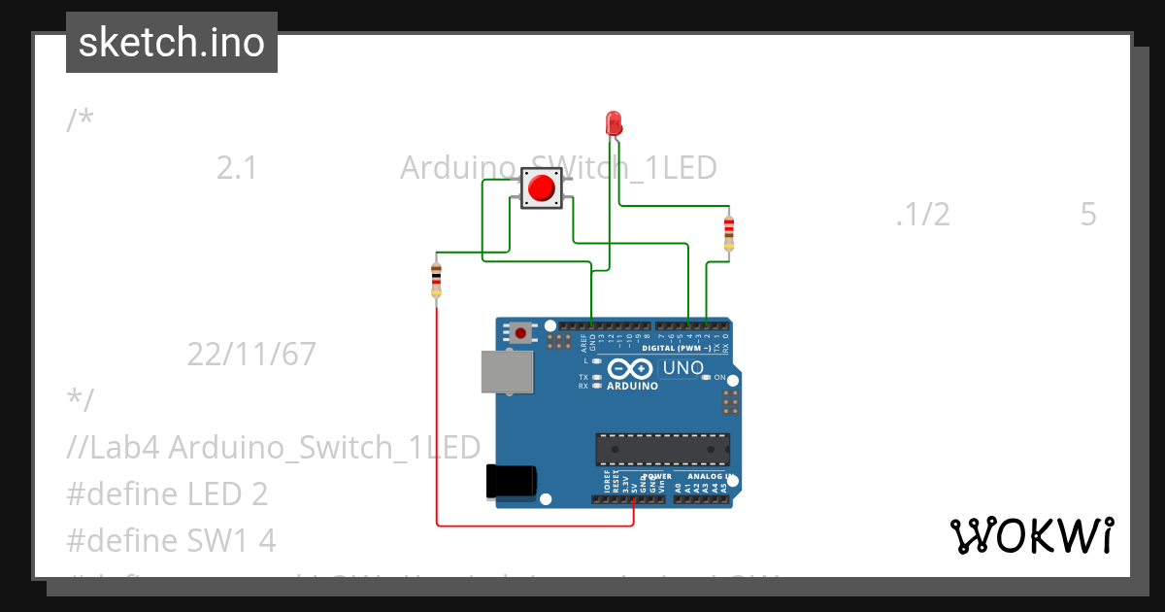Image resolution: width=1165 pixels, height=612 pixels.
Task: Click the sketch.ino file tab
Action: point(171,43)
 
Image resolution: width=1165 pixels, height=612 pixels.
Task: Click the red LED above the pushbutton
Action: point(614,123)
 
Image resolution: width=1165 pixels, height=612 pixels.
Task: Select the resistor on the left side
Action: point(436,279)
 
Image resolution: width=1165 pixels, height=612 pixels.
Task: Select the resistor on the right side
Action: point(729,233)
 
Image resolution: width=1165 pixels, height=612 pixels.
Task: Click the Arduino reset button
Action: point(521,333)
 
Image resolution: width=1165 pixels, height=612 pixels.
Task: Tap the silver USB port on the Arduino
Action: point(507,371)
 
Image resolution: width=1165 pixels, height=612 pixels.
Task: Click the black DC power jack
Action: point(510,482)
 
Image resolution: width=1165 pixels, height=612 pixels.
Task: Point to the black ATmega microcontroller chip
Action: point(662,449)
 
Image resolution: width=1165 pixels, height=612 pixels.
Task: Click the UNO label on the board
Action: point(682,368)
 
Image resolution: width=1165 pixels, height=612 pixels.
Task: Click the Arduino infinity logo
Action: point(631,369)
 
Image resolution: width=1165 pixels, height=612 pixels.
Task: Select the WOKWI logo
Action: point(1031,535)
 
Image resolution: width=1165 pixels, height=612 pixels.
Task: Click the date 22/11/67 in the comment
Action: point(251,355)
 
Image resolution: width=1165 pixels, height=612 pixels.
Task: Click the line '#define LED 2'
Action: point(167,494)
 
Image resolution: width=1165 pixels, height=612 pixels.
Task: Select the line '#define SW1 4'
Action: point(172,540)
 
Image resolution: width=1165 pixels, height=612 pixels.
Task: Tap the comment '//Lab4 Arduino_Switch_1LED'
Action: point(274,448)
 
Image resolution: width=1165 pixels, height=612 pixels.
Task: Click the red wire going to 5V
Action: point(534,526)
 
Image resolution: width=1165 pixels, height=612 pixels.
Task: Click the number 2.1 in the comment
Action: point(236,168)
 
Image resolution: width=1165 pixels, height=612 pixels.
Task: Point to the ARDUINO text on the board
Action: point(632,386)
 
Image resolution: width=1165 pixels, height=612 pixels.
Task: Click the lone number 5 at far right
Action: point(1087,215)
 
